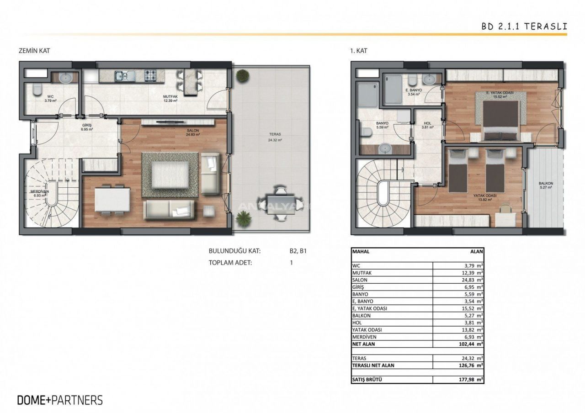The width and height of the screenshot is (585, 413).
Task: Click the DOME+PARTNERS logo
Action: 60,400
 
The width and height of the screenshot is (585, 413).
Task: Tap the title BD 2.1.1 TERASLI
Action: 524,26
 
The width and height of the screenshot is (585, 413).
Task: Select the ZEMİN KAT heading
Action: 34,51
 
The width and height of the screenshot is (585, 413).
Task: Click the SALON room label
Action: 193,131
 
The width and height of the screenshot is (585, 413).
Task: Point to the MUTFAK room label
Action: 170,96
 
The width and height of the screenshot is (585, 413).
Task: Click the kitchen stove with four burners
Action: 151,76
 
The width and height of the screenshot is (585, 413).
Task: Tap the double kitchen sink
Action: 125,76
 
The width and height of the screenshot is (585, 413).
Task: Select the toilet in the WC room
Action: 37,90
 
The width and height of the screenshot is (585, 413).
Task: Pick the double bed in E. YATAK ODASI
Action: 500,121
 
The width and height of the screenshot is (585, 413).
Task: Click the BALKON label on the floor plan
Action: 546,183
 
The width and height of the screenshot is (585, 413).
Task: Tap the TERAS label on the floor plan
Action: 275,134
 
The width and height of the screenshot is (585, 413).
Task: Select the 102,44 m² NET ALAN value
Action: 471,344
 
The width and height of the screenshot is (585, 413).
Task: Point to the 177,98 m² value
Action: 471,380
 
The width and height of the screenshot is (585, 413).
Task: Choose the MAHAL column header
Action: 361,251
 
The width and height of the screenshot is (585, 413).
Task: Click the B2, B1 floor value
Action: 298,251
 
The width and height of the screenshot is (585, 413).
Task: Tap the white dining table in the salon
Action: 112,200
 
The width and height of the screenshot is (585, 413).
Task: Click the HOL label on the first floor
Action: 427,123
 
